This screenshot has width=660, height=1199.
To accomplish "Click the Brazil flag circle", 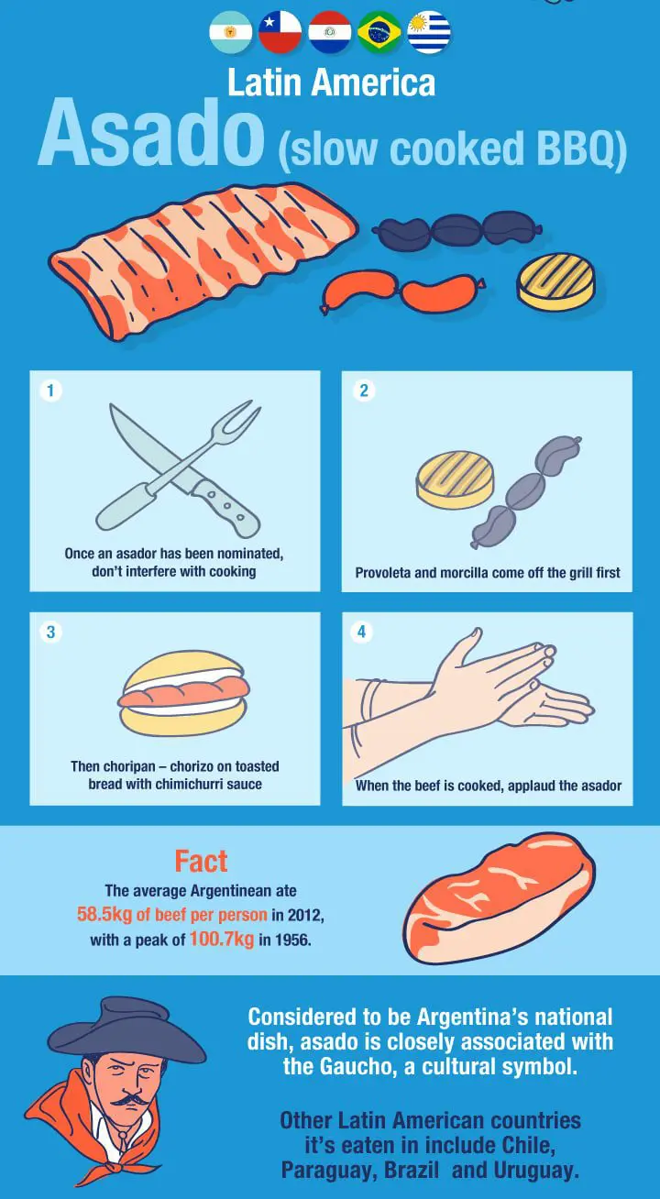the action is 379,32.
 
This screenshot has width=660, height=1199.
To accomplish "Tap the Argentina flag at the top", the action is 231,32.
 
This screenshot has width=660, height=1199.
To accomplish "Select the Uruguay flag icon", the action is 428,32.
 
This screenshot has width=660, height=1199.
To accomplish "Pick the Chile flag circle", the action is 280,32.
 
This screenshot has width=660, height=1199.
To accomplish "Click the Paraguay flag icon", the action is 329,32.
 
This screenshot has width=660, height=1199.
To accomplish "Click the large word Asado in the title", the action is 151,133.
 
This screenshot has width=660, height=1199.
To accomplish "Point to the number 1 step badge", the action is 50,390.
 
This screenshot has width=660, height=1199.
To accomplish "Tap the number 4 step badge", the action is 362,632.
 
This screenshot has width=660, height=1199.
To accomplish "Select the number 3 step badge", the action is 50,632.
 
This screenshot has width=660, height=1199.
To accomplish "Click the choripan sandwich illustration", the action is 183,693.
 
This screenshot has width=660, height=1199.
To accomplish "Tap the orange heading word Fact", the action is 201,862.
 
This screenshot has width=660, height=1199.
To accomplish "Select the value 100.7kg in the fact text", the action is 222,940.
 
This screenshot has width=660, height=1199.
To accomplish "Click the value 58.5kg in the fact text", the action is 104,914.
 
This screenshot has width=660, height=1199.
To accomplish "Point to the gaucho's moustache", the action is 129,1101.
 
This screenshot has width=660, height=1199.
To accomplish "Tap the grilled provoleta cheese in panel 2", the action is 455,479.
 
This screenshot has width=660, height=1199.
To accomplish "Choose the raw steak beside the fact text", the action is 500,898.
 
